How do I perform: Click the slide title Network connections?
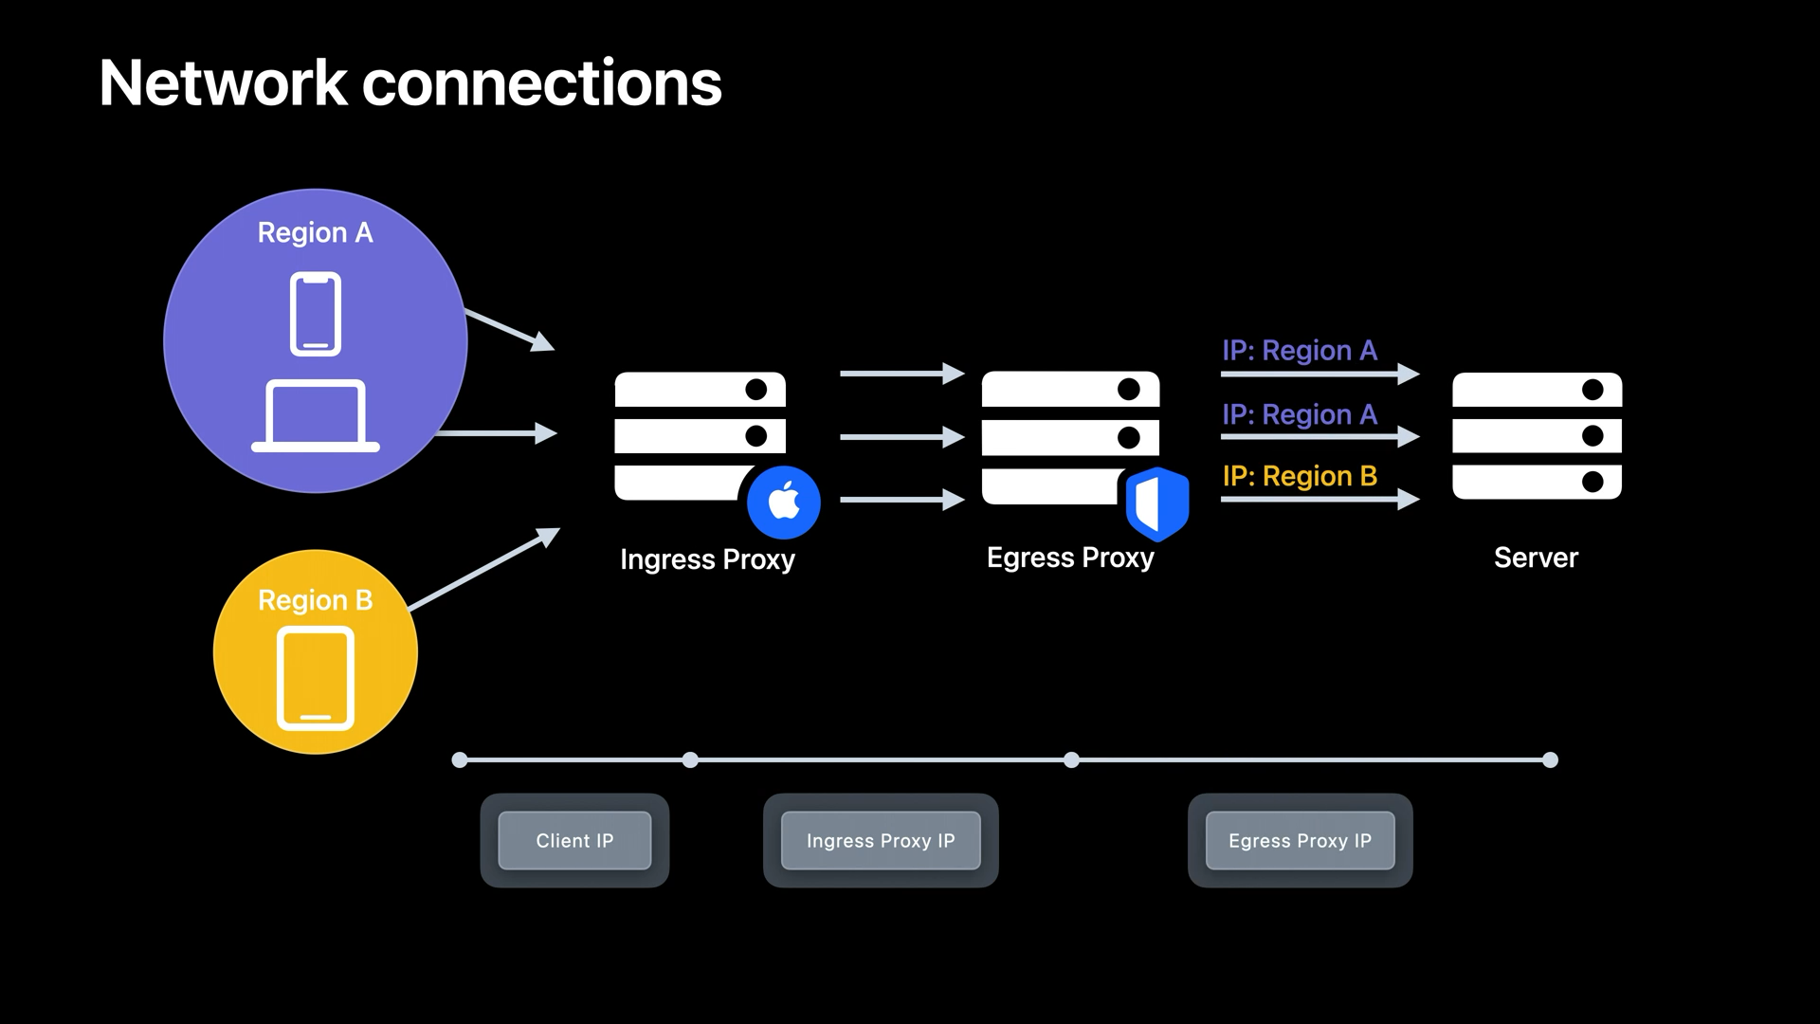pos(409,83)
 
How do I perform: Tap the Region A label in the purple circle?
pos(315,233)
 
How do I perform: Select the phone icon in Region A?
pos(316,314)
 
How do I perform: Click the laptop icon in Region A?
pos(316,415)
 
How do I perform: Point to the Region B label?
pos(315,600)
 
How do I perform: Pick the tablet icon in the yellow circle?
pos(316,678)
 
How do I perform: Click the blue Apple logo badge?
pos(784,502)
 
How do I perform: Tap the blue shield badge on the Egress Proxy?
pos(1156,503)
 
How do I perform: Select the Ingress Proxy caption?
pos(707,559)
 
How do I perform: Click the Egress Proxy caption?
pos(1070,558)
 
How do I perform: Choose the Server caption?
pos(1536,558)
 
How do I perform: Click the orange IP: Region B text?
pos(1300,476)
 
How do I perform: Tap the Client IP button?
pos(574,841)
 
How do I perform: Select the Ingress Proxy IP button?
pos(881,841)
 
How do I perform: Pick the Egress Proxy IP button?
pos(1300,841)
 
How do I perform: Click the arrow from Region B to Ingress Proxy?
pos(483,569)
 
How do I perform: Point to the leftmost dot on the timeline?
pos(460,759)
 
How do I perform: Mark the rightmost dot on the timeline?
pos(1550,759)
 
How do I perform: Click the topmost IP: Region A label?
pos(1300,351)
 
